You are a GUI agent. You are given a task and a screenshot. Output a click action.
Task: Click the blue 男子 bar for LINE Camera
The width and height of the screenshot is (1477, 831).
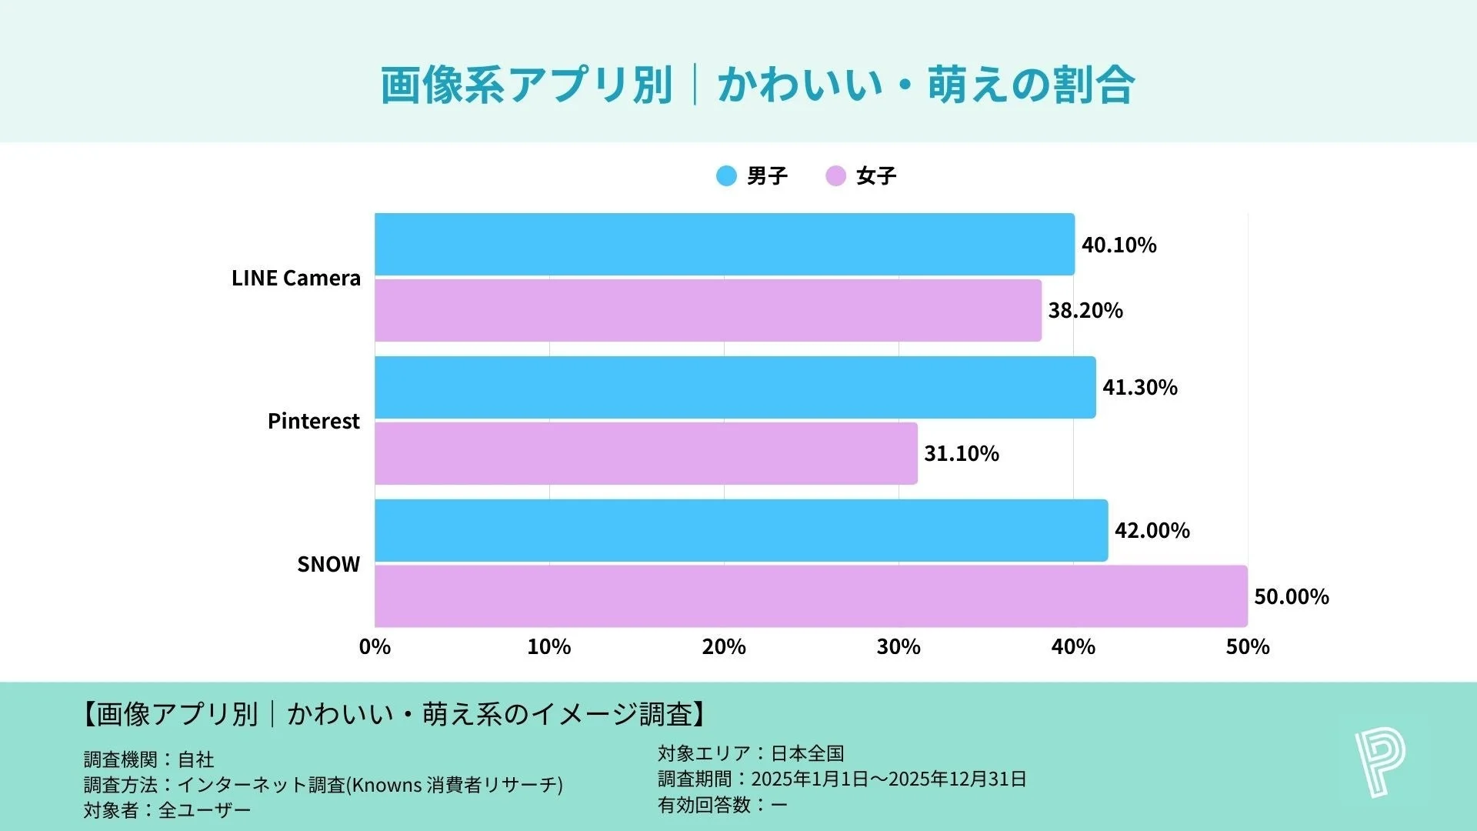tap(724, 244)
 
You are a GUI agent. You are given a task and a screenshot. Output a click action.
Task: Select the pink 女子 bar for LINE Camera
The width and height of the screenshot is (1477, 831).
tap(708, 310)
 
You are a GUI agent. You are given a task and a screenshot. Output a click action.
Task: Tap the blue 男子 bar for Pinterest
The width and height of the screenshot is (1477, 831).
tap(735, 387)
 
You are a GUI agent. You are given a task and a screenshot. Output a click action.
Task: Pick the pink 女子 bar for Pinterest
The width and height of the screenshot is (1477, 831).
tap(646, 453)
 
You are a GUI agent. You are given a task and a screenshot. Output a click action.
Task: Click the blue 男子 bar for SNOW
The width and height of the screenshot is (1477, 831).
tap(741, 530)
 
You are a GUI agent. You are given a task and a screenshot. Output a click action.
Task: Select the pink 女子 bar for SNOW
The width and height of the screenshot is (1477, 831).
tap(811, 596)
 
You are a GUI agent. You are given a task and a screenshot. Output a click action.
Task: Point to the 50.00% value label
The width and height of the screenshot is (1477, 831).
tap(1291, 597)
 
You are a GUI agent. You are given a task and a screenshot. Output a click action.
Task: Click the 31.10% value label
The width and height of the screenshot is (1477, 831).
tap(961, 454)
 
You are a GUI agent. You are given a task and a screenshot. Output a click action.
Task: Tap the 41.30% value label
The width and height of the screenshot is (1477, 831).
tap(1139, 387)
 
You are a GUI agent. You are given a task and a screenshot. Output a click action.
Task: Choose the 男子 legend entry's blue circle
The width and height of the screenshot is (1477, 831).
tap(726, 176)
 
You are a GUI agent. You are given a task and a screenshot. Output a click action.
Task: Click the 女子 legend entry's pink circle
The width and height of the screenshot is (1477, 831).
tap(835, 176)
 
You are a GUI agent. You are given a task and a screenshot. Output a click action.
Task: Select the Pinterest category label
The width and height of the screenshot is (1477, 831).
tap(313, 421)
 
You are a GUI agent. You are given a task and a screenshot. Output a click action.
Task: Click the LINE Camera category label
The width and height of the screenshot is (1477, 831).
tap(295, 278)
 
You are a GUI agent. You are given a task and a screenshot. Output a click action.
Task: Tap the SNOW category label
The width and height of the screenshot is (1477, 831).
tap(328, 564)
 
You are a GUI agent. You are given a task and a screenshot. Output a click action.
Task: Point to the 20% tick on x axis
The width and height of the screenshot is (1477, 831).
tap(723, 647)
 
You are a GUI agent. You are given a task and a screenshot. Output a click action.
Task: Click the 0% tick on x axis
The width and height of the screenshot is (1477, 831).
tap(375, 647)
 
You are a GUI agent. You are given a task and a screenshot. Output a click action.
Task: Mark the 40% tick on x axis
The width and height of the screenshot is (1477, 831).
tap(1072, 647)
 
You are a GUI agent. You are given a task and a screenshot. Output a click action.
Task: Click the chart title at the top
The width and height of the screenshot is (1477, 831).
tap(757, 85)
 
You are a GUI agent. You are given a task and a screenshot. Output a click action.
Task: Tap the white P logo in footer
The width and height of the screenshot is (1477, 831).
tap(1379, 763)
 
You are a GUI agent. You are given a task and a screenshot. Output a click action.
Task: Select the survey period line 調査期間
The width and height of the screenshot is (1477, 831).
tap(842, 779)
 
